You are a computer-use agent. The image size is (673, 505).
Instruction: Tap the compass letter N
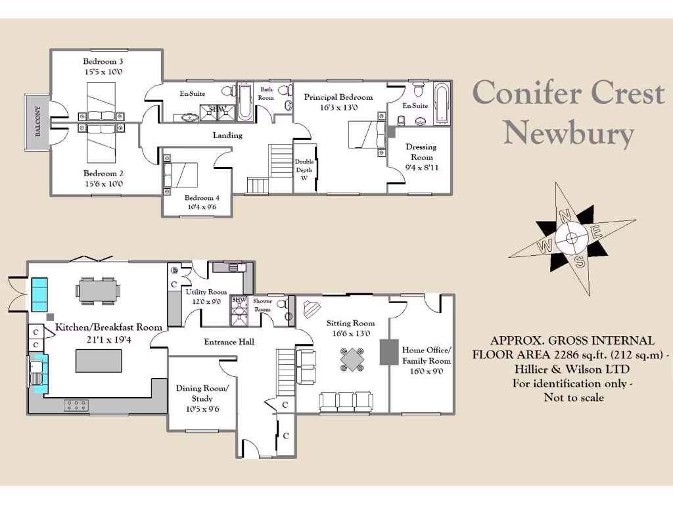click(x=563, y=215)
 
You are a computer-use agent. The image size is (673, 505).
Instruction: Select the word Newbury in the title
click(x=569, y=133)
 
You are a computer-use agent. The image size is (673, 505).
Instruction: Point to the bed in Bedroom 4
click(x=182, y=175)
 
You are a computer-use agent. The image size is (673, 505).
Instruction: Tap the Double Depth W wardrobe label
click(x=304, y=170)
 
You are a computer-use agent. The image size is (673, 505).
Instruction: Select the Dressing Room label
click(x=421, y=152)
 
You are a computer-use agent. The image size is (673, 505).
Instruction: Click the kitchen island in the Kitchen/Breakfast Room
click(x=99, y=361)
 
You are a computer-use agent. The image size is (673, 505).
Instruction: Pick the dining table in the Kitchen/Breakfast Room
click(x=99, y=290)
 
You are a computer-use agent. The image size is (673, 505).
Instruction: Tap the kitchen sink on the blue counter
click(x=36, y=372)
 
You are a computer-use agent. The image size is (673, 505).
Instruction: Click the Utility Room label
click(x=206, y=292)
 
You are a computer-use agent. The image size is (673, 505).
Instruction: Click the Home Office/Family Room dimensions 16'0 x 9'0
click(x=426, y=372)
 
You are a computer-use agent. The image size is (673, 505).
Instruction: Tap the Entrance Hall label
click(x=229, y=342)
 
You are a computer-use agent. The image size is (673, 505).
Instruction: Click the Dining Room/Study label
click(x=202, y=393)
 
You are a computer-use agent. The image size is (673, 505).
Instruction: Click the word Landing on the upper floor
click(x=227, y=135)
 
